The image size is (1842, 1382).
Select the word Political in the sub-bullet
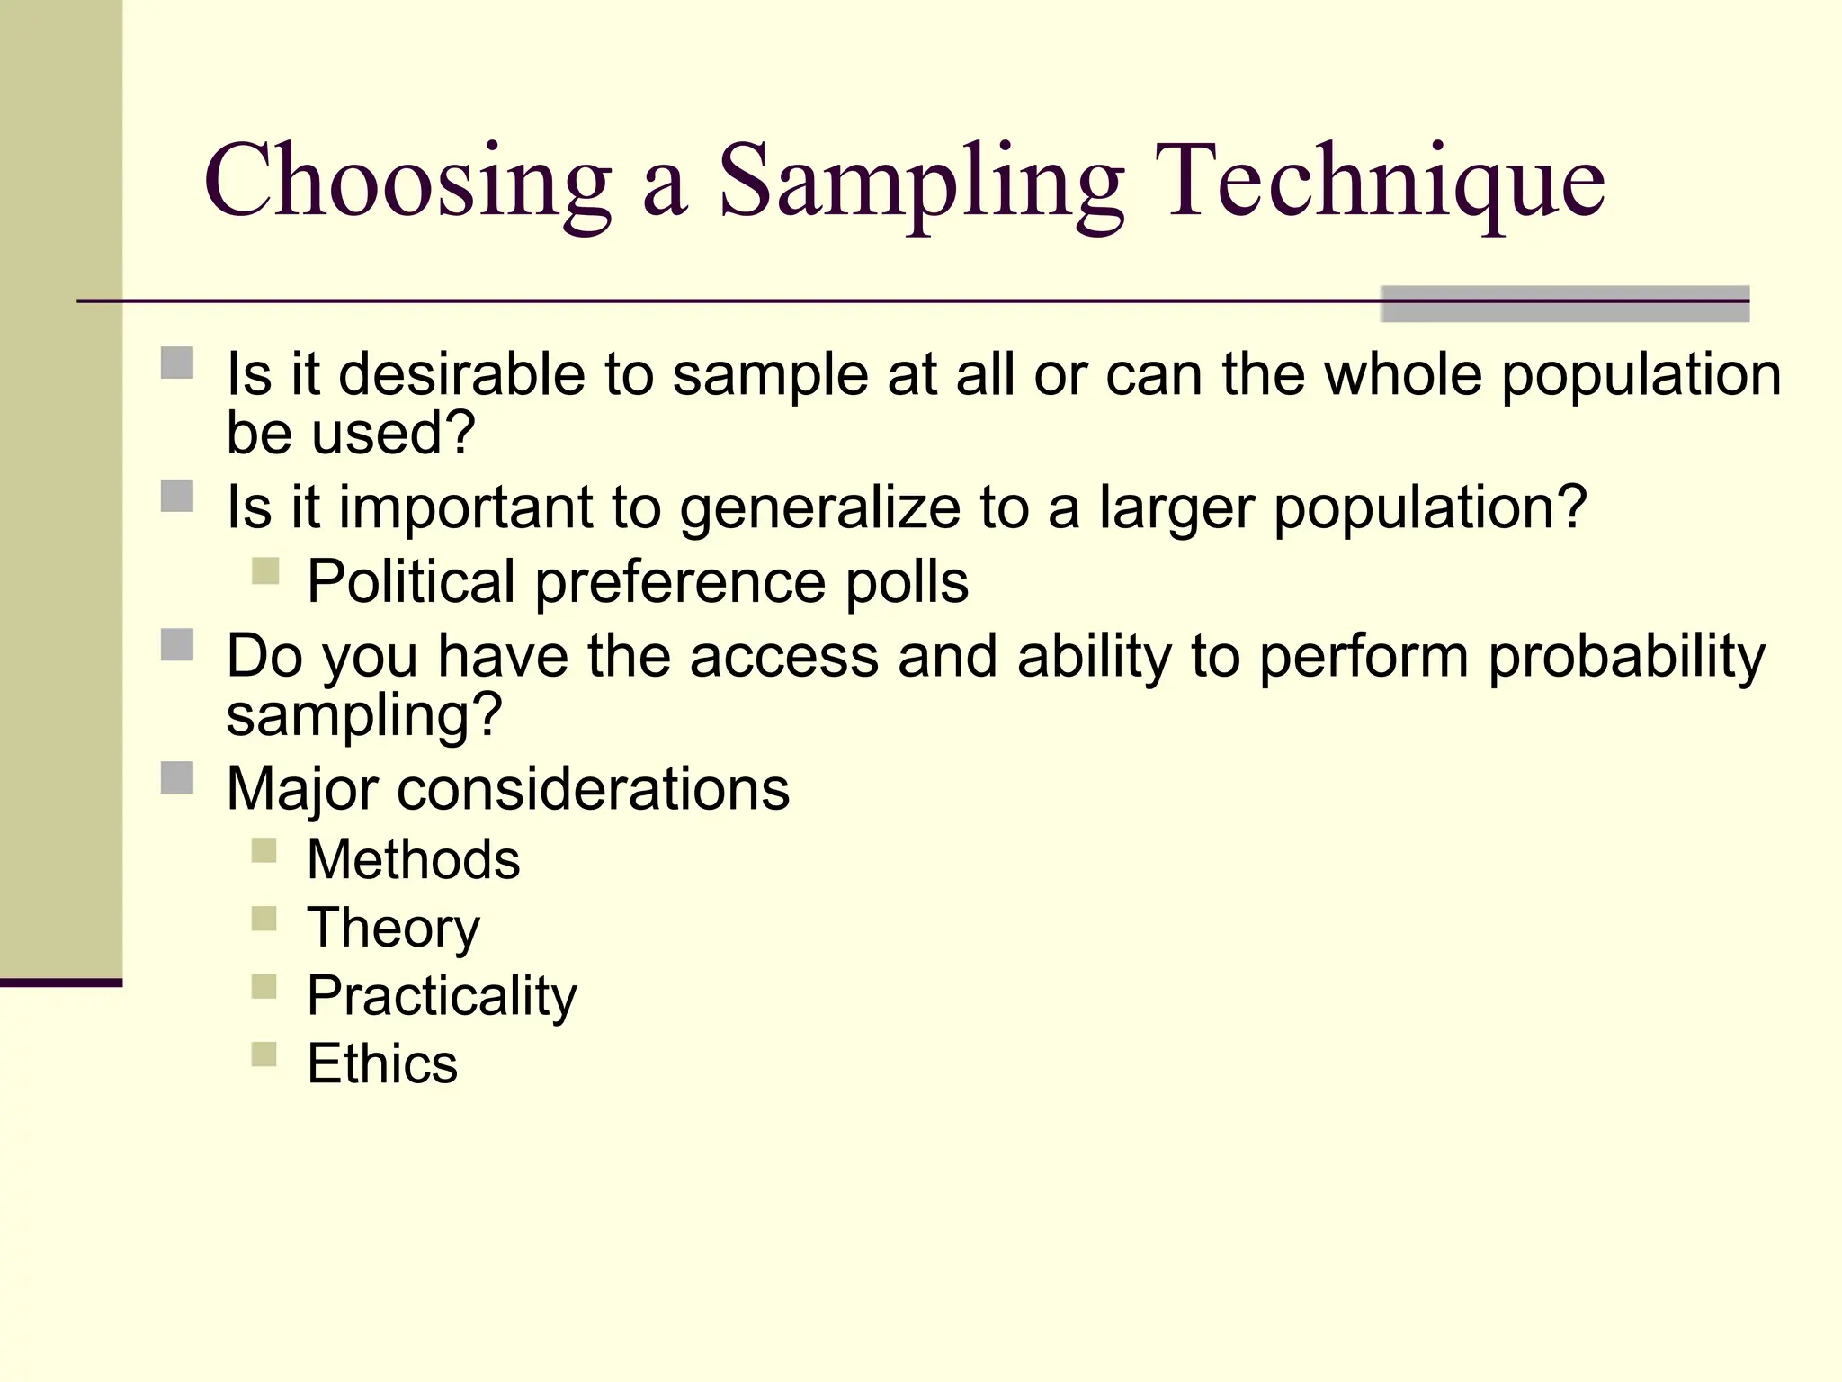pos(411,582)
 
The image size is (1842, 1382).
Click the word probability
pos(1626,656)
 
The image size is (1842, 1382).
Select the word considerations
pos(593,790)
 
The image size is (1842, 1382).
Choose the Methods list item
pos(413,859)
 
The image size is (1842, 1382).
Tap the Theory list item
pos(393,928)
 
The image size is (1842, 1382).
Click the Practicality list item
pos(442,996)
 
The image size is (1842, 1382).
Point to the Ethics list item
pos(382,1063)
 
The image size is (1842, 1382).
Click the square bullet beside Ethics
pos(264,1054)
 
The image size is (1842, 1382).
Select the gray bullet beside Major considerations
pos(177,777)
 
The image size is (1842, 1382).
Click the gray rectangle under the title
pos(1564,304)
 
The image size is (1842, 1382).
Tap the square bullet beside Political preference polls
pos(265,571)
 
